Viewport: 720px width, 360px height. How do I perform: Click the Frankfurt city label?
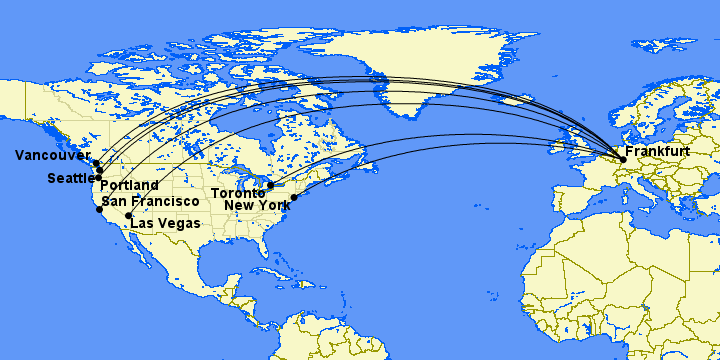pos(657,151)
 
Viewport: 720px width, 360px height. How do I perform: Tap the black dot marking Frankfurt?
pos(623,159)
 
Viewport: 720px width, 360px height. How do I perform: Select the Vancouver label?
pos(50,155)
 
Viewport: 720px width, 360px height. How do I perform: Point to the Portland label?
pos(129,186)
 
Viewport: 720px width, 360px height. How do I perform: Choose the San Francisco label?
pos(149,201)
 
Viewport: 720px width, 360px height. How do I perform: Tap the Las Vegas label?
pos(164,222)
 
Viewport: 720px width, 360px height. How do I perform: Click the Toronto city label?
pos(236,192)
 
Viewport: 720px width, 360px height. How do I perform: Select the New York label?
pos(258,205)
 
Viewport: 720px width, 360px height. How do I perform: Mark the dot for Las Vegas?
pos(128,216)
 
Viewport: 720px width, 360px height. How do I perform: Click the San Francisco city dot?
pos(99,210)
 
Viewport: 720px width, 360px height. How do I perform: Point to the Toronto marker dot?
pos(270,185)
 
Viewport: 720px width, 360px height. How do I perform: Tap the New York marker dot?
pos(294,197)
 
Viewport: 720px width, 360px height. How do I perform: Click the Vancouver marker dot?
pos(96,163)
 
